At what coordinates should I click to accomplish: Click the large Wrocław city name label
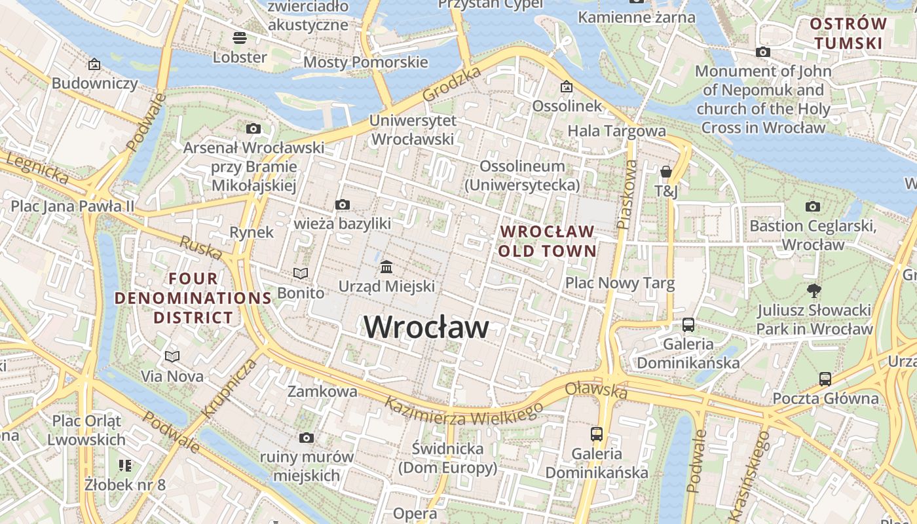point(426,327)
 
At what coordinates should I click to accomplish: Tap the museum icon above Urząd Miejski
point(386,267)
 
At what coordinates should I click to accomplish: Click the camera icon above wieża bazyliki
point(342,205)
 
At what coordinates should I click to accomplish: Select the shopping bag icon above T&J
point(666,172)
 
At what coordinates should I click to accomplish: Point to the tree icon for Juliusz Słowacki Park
point(814,290)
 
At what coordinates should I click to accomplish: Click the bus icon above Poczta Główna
point(825,379)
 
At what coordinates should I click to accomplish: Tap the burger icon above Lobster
point(240,38)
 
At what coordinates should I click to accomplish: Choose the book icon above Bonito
point(301,273)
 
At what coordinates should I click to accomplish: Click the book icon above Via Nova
point(172,356)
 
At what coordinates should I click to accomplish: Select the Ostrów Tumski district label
point(848,34)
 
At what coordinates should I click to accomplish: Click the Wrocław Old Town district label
point(547,241)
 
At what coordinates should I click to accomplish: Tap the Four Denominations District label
point(193,298)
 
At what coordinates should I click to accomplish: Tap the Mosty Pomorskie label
point(365,62)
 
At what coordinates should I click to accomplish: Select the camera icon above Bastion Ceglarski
point(812,207)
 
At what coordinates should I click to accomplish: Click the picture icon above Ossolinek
point(566,86)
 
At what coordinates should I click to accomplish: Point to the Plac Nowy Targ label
point(620,284)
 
